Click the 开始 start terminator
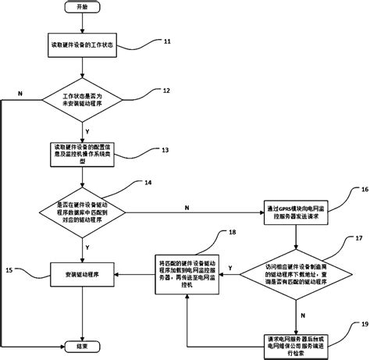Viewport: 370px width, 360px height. click(83, 7)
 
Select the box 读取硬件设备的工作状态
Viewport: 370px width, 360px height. click(83, 48)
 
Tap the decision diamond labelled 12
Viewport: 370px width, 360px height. click(83, 99)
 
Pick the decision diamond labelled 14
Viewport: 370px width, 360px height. click(83, 209)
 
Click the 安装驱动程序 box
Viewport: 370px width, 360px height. click(83, 273)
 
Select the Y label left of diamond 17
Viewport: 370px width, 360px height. click(230, 268)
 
